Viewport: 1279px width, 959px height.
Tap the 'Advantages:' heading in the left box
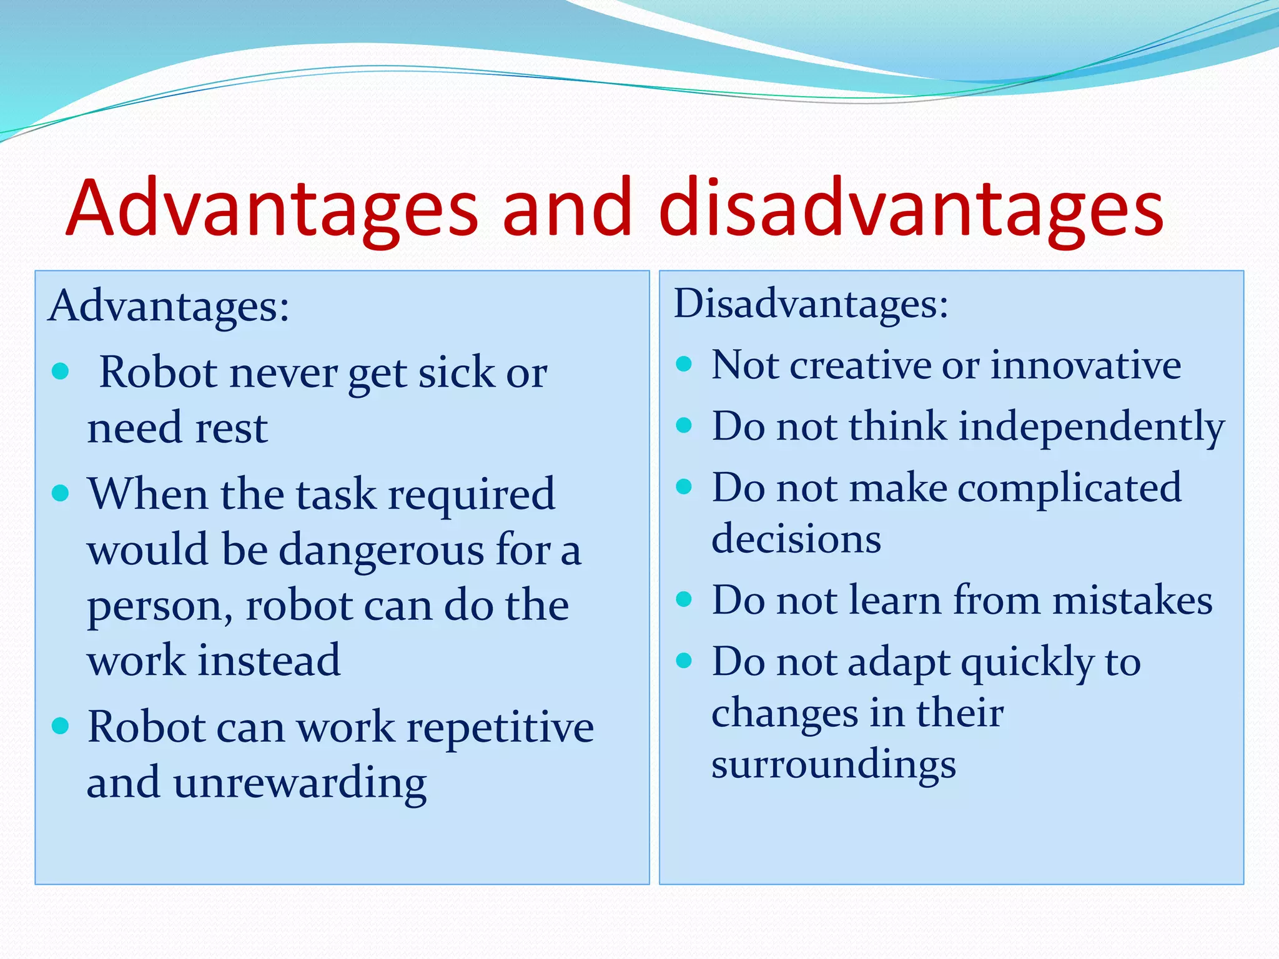tap(169, 307)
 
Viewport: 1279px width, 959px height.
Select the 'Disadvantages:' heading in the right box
tap(811, 304)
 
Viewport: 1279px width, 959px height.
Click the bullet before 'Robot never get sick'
tap(61, 371)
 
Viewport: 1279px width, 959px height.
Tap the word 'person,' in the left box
tap(160, 607)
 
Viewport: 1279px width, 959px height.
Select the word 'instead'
tap(269, 661)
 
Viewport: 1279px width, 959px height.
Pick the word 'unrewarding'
tap(300, 783)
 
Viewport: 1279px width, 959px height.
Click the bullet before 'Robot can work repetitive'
tap(61, 725)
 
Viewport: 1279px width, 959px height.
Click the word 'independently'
tap(1092, 427)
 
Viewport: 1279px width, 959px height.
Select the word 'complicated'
tap(1069, 488)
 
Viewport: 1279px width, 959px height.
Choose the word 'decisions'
tap(796, 539)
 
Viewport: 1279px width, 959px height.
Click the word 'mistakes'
tap(1132, 601)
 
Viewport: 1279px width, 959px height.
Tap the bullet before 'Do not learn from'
tap(684, 599)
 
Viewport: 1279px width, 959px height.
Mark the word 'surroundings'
tap(834, 764)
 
